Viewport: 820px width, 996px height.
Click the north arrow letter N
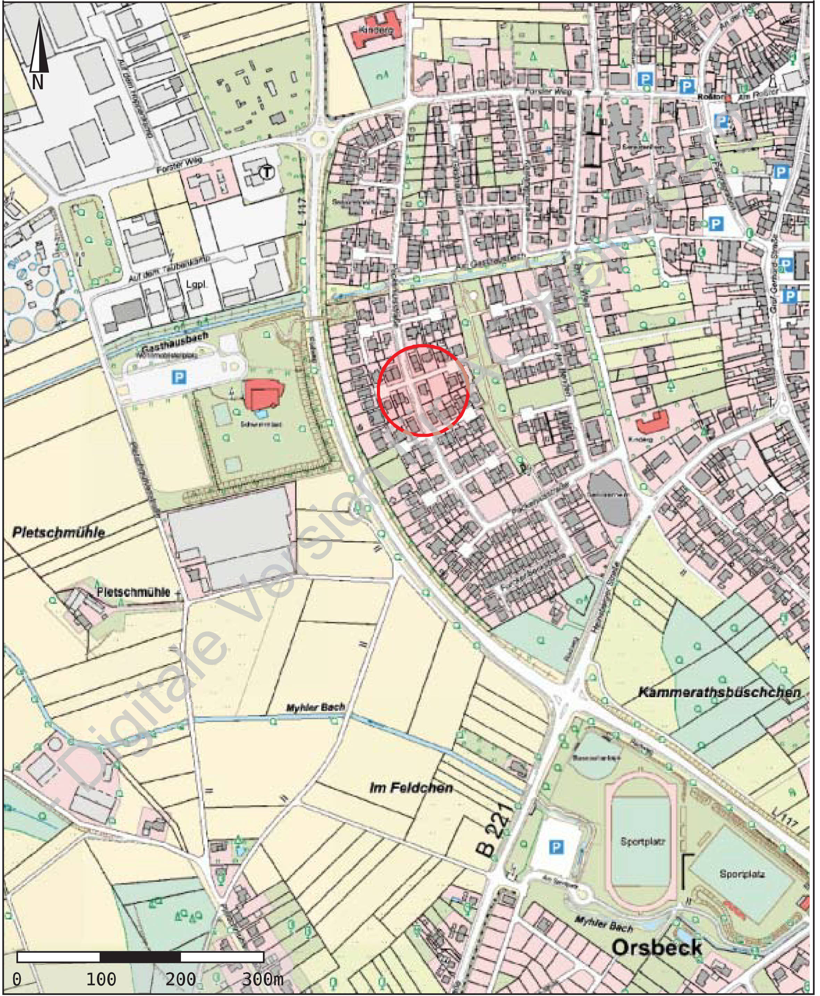pyautogui.click(x=38, y=83)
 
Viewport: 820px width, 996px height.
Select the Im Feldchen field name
pyautogui.click(x=411, y=787)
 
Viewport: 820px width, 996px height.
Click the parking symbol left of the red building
pyautogui.click(x=179, y=377)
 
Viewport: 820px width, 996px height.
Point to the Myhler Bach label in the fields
pyautogui.click(x=315, y=708)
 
